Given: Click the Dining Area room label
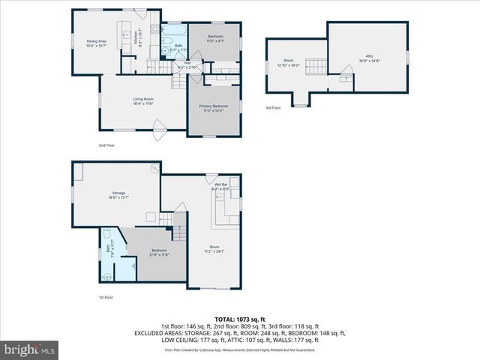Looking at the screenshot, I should coord(97,43).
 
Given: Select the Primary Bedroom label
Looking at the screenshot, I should coord(214,108).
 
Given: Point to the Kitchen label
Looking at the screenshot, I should coord(136,36).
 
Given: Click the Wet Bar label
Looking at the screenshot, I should coord(221,187).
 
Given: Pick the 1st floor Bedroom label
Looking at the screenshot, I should coord(159,252).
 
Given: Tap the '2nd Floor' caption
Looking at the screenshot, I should coord(107,145).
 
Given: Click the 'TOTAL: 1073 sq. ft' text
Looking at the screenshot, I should coord(239,319).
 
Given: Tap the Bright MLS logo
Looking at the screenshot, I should coord(30,349).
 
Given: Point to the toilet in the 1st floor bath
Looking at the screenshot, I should coord(108,275).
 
